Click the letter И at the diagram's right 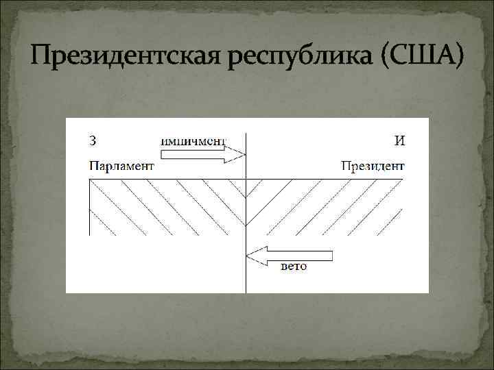coord(399,141)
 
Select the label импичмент coord(193,141)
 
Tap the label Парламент coord(121,165)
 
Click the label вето coord(294,266)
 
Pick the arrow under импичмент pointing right coord(203,154)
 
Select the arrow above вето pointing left coord(289,256)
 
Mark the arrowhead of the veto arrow coord(252,256)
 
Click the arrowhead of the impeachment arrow coord(240,154)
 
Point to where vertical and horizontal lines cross coord(246,180)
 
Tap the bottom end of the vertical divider coord(246,292)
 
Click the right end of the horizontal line coord(403,180)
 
